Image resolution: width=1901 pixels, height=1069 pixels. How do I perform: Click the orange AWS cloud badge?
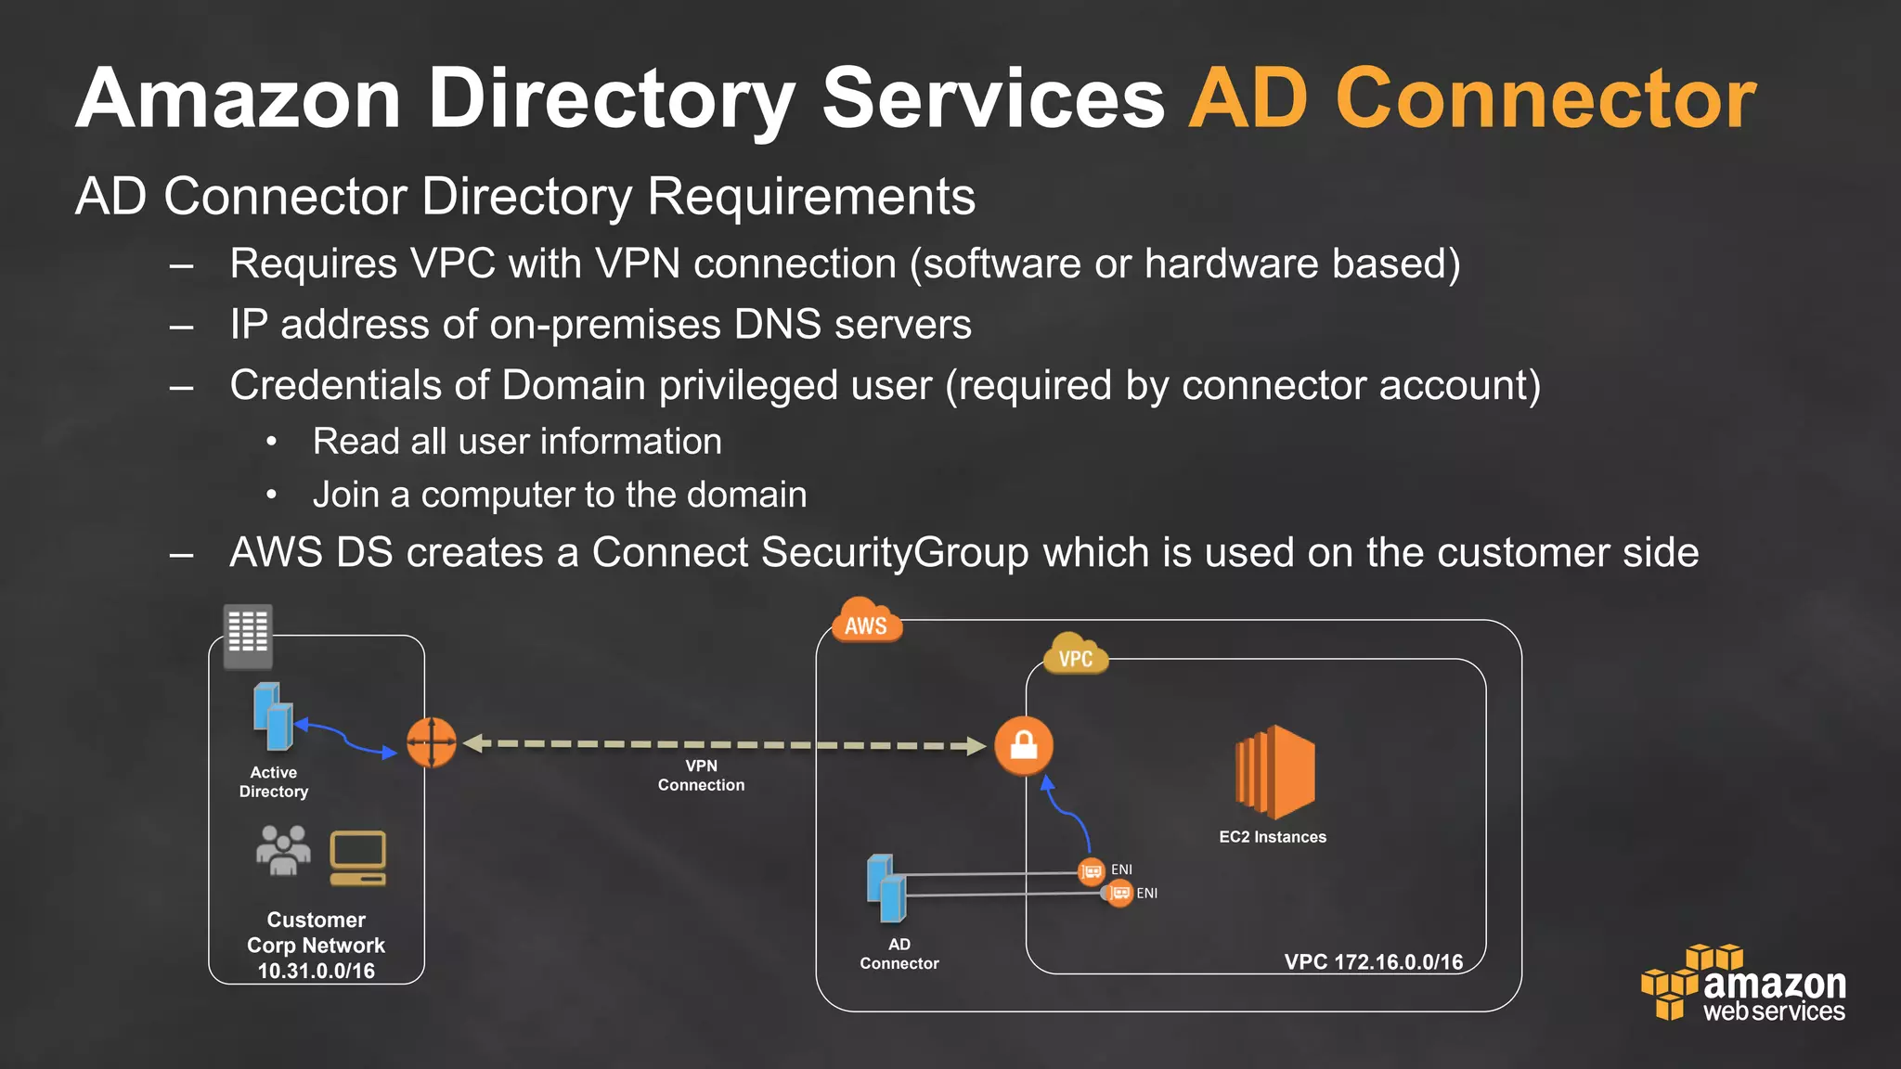tap(866, 623)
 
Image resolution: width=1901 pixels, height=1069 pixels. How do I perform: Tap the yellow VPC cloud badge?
tap(1075, 655)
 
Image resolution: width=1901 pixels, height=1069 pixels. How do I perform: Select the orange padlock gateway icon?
tap(1024, 745)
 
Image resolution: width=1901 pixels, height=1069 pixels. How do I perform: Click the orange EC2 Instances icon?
tap(1275, 772)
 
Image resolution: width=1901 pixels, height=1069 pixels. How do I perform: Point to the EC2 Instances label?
tap(1273, 837)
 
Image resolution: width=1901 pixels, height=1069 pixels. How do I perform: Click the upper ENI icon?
tap(1092, 870)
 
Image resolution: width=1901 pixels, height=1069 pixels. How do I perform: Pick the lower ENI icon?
tap(1119, 894)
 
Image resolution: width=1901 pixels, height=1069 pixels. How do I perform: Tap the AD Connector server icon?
tap(886, 888)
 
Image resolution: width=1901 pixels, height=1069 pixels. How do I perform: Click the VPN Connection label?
tap(701, 776)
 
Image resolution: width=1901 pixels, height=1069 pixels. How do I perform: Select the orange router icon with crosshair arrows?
tap(432, 742)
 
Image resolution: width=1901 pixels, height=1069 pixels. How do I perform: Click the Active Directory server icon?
tap(273, 716)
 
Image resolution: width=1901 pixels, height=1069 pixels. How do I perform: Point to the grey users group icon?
tap(282, 851)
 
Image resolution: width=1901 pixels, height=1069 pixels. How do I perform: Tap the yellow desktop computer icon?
tap(358, 858)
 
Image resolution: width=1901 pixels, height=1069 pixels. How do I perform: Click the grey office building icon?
tap(248, 635)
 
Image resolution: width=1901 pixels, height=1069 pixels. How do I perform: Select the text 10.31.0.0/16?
tap(317, 971)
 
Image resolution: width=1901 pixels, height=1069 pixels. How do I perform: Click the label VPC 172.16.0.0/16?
tap(1373, 961)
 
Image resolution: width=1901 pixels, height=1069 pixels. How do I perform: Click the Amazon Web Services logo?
tap(1745, 985)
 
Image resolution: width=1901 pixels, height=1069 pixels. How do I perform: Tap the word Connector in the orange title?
tap(1545, 98)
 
